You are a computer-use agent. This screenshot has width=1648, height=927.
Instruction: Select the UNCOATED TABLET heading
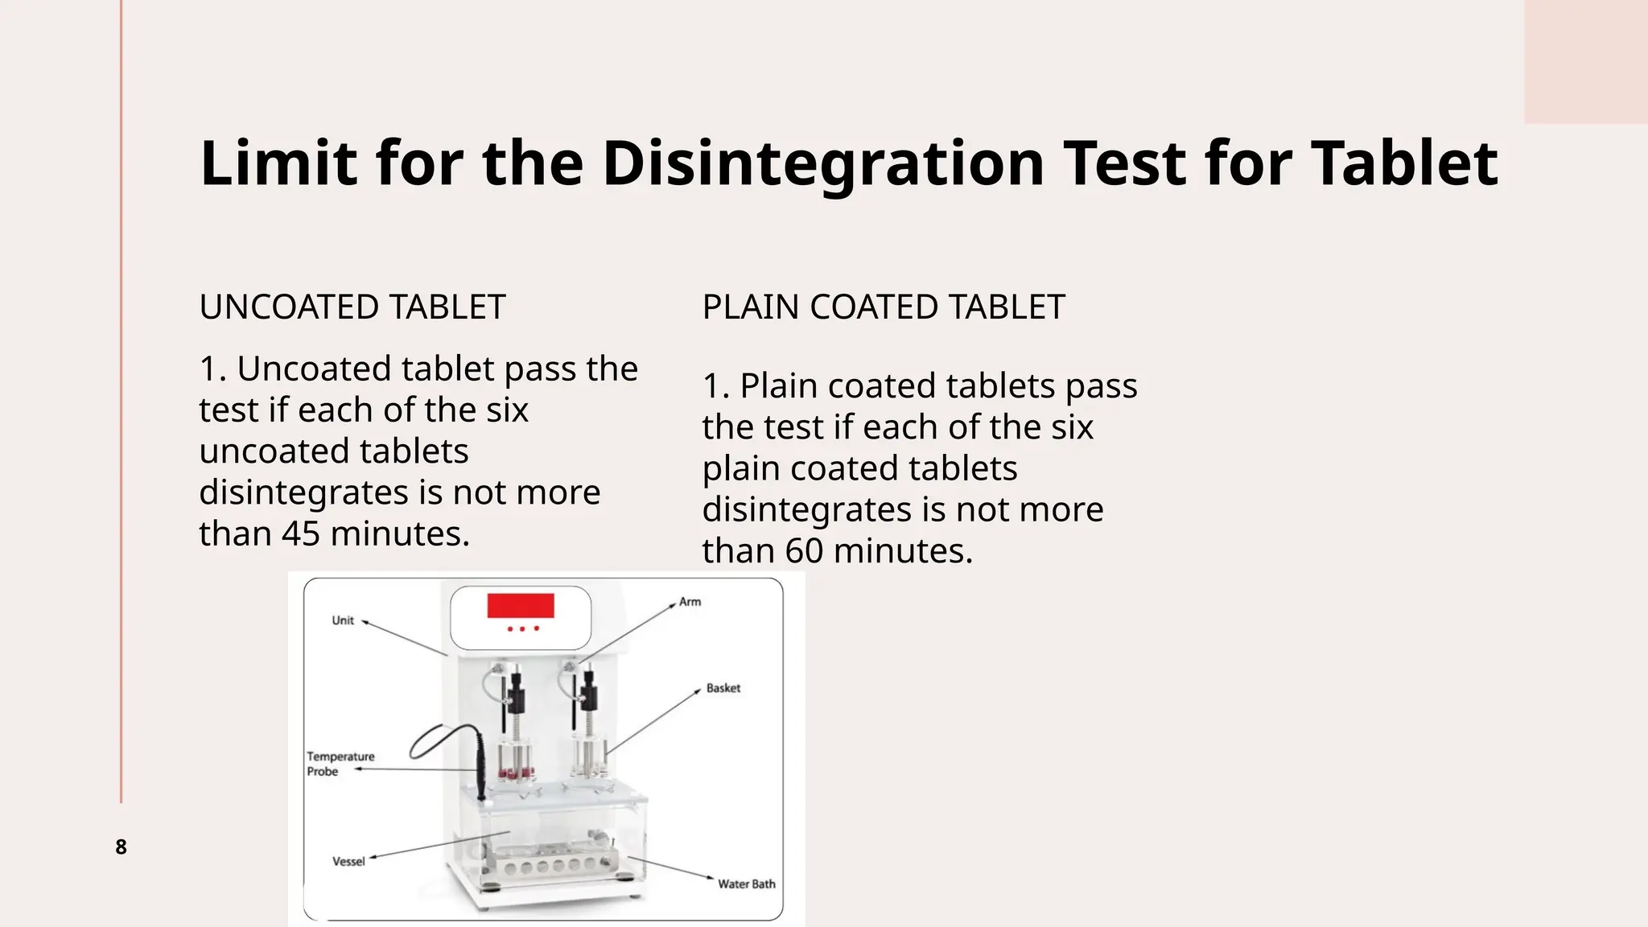[x=352, y=307]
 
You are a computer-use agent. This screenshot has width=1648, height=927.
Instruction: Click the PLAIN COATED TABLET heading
[x=883, y=307]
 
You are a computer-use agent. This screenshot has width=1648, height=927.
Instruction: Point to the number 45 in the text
[x=301, y=534]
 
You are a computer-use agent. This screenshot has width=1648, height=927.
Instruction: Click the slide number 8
[x=121, y=847]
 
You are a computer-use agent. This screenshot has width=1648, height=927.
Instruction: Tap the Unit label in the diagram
[x=343, y=620]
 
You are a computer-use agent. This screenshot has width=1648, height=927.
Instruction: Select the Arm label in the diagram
[x=690, y=602]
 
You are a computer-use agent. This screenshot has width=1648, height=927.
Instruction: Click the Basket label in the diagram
[x=723, y=688]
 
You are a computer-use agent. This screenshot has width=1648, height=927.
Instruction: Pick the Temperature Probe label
[x=340, y=764]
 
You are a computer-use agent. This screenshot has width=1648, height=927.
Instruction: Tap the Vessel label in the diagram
[x=348, y=862]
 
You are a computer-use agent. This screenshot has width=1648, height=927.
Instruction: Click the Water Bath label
[x=746, y=884]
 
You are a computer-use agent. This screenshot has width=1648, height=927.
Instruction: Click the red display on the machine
[x=521, y=605]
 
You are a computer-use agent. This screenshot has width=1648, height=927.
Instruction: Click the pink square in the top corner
[x=1585, y=61]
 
